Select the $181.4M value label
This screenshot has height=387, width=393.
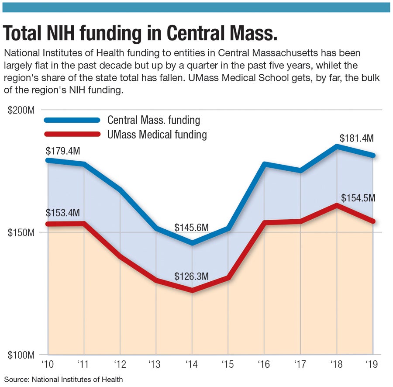pyautogui.click(x=356, y=138)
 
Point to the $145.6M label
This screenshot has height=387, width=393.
pyautogui.click(x=192, y=228)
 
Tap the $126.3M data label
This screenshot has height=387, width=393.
pyautogui.click(x=192, y=276)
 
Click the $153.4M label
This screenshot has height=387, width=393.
pyautogui.click(x=63, y=213)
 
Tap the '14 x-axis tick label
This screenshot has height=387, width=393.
pyautogui.click(x=192, y=363)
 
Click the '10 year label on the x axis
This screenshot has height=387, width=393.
pyautogui.click(x=48, y=363)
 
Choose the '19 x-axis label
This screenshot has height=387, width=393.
pyautogui.click(x=372, y=363)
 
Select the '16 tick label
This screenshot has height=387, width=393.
pyautogui.click(x=264, y=363)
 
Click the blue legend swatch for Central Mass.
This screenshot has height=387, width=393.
pyautogui.click(x=72, y=120)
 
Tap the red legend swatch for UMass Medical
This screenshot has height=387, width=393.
pyautogui.click(x=72, y=135)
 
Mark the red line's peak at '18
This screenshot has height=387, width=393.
pyautogui.click(x=337, y=204)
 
